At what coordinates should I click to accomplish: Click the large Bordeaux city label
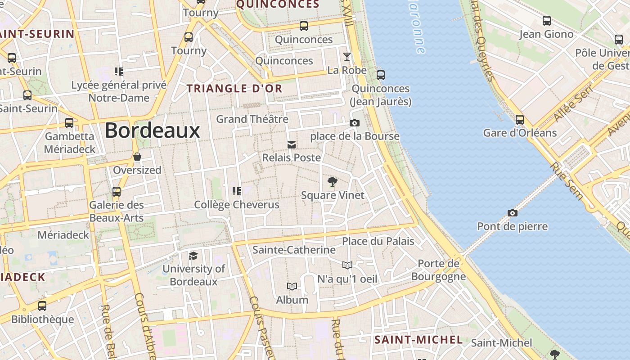152,130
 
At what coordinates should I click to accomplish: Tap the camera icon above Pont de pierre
512,213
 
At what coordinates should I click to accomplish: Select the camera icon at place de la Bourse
355,123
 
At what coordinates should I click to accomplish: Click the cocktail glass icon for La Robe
346,57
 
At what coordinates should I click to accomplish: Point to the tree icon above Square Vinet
333,182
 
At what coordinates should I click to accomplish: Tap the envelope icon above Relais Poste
292,144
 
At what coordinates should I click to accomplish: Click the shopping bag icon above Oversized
137,157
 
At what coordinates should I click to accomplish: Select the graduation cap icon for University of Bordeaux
193,256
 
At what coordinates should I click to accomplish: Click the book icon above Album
292,286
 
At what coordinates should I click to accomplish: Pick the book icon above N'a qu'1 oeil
347,265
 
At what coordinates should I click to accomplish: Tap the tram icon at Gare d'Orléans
520,120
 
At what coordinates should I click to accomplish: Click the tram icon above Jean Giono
546,21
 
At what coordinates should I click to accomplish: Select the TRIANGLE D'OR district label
234,89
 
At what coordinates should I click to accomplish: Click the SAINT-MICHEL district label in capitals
418,340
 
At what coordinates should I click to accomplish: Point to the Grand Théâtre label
252,119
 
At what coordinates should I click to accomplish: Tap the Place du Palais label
378,241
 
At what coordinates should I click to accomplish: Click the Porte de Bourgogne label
438,270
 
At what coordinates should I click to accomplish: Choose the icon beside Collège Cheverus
237,191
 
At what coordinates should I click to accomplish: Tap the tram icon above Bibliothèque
42,306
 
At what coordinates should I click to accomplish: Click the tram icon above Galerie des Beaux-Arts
117,192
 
